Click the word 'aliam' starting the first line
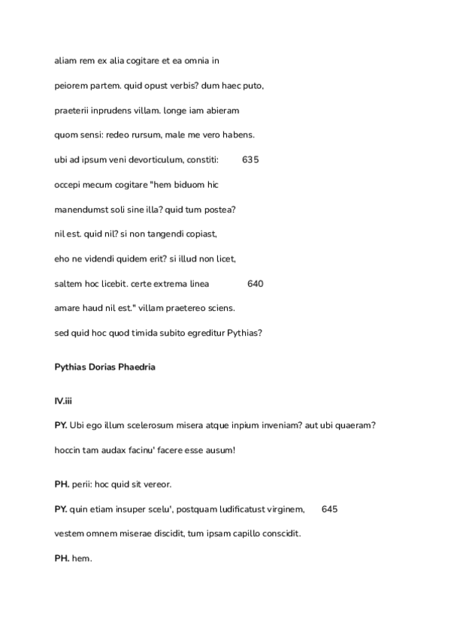click(66, 60)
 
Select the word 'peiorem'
click(71, 85)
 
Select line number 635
click(251, 159)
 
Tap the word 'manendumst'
click(80, 209)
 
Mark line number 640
click(255, 283)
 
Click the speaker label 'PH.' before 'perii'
click(62, 485)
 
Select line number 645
click(329, 509)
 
